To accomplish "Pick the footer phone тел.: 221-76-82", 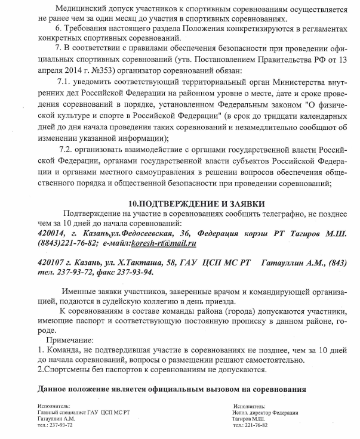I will (x=251, y=425).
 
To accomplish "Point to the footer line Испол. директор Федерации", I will (x=266, y=412).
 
